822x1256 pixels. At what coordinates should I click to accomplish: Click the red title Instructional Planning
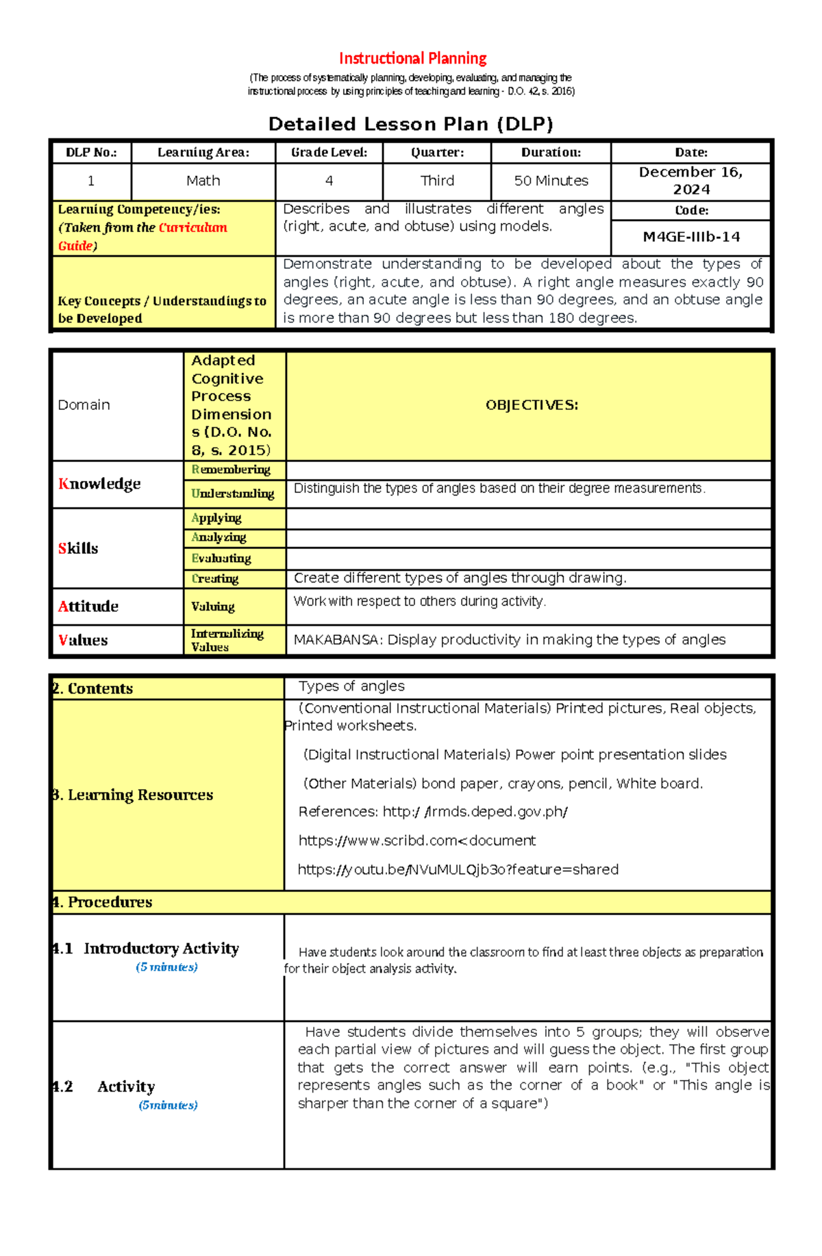click(412, 58)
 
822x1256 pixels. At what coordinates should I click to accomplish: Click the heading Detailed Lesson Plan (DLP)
click(410, 124)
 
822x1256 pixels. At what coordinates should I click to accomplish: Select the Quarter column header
click(437, 153)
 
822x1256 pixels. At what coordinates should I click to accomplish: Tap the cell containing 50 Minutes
click(551, 181)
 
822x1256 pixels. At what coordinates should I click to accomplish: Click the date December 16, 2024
click(690, 181)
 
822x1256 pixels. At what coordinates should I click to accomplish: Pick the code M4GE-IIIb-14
click(690, 237)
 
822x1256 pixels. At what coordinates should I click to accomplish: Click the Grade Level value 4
click(329, 181)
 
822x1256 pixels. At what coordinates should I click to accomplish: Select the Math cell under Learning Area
click(203, 181)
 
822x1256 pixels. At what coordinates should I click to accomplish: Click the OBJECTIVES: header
click(532, 405)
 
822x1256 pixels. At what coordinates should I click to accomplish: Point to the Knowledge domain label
click(99, 484)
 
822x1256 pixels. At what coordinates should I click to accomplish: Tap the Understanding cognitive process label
click(233, 494)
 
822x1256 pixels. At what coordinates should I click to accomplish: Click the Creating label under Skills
click(215, 579)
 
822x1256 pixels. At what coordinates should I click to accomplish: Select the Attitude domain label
click(88, 606)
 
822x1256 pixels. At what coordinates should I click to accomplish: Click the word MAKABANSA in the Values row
click(336, 640)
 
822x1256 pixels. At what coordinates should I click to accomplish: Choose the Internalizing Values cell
click(227, 640)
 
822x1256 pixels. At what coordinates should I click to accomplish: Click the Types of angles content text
click(351, 686)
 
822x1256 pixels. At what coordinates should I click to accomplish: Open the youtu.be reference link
click(458, 869)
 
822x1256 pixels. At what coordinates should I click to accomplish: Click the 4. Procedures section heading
click(103, 902)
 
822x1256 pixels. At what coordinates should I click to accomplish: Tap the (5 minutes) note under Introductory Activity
click(166, 967)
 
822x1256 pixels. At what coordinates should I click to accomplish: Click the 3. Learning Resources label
click(134, 795)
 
